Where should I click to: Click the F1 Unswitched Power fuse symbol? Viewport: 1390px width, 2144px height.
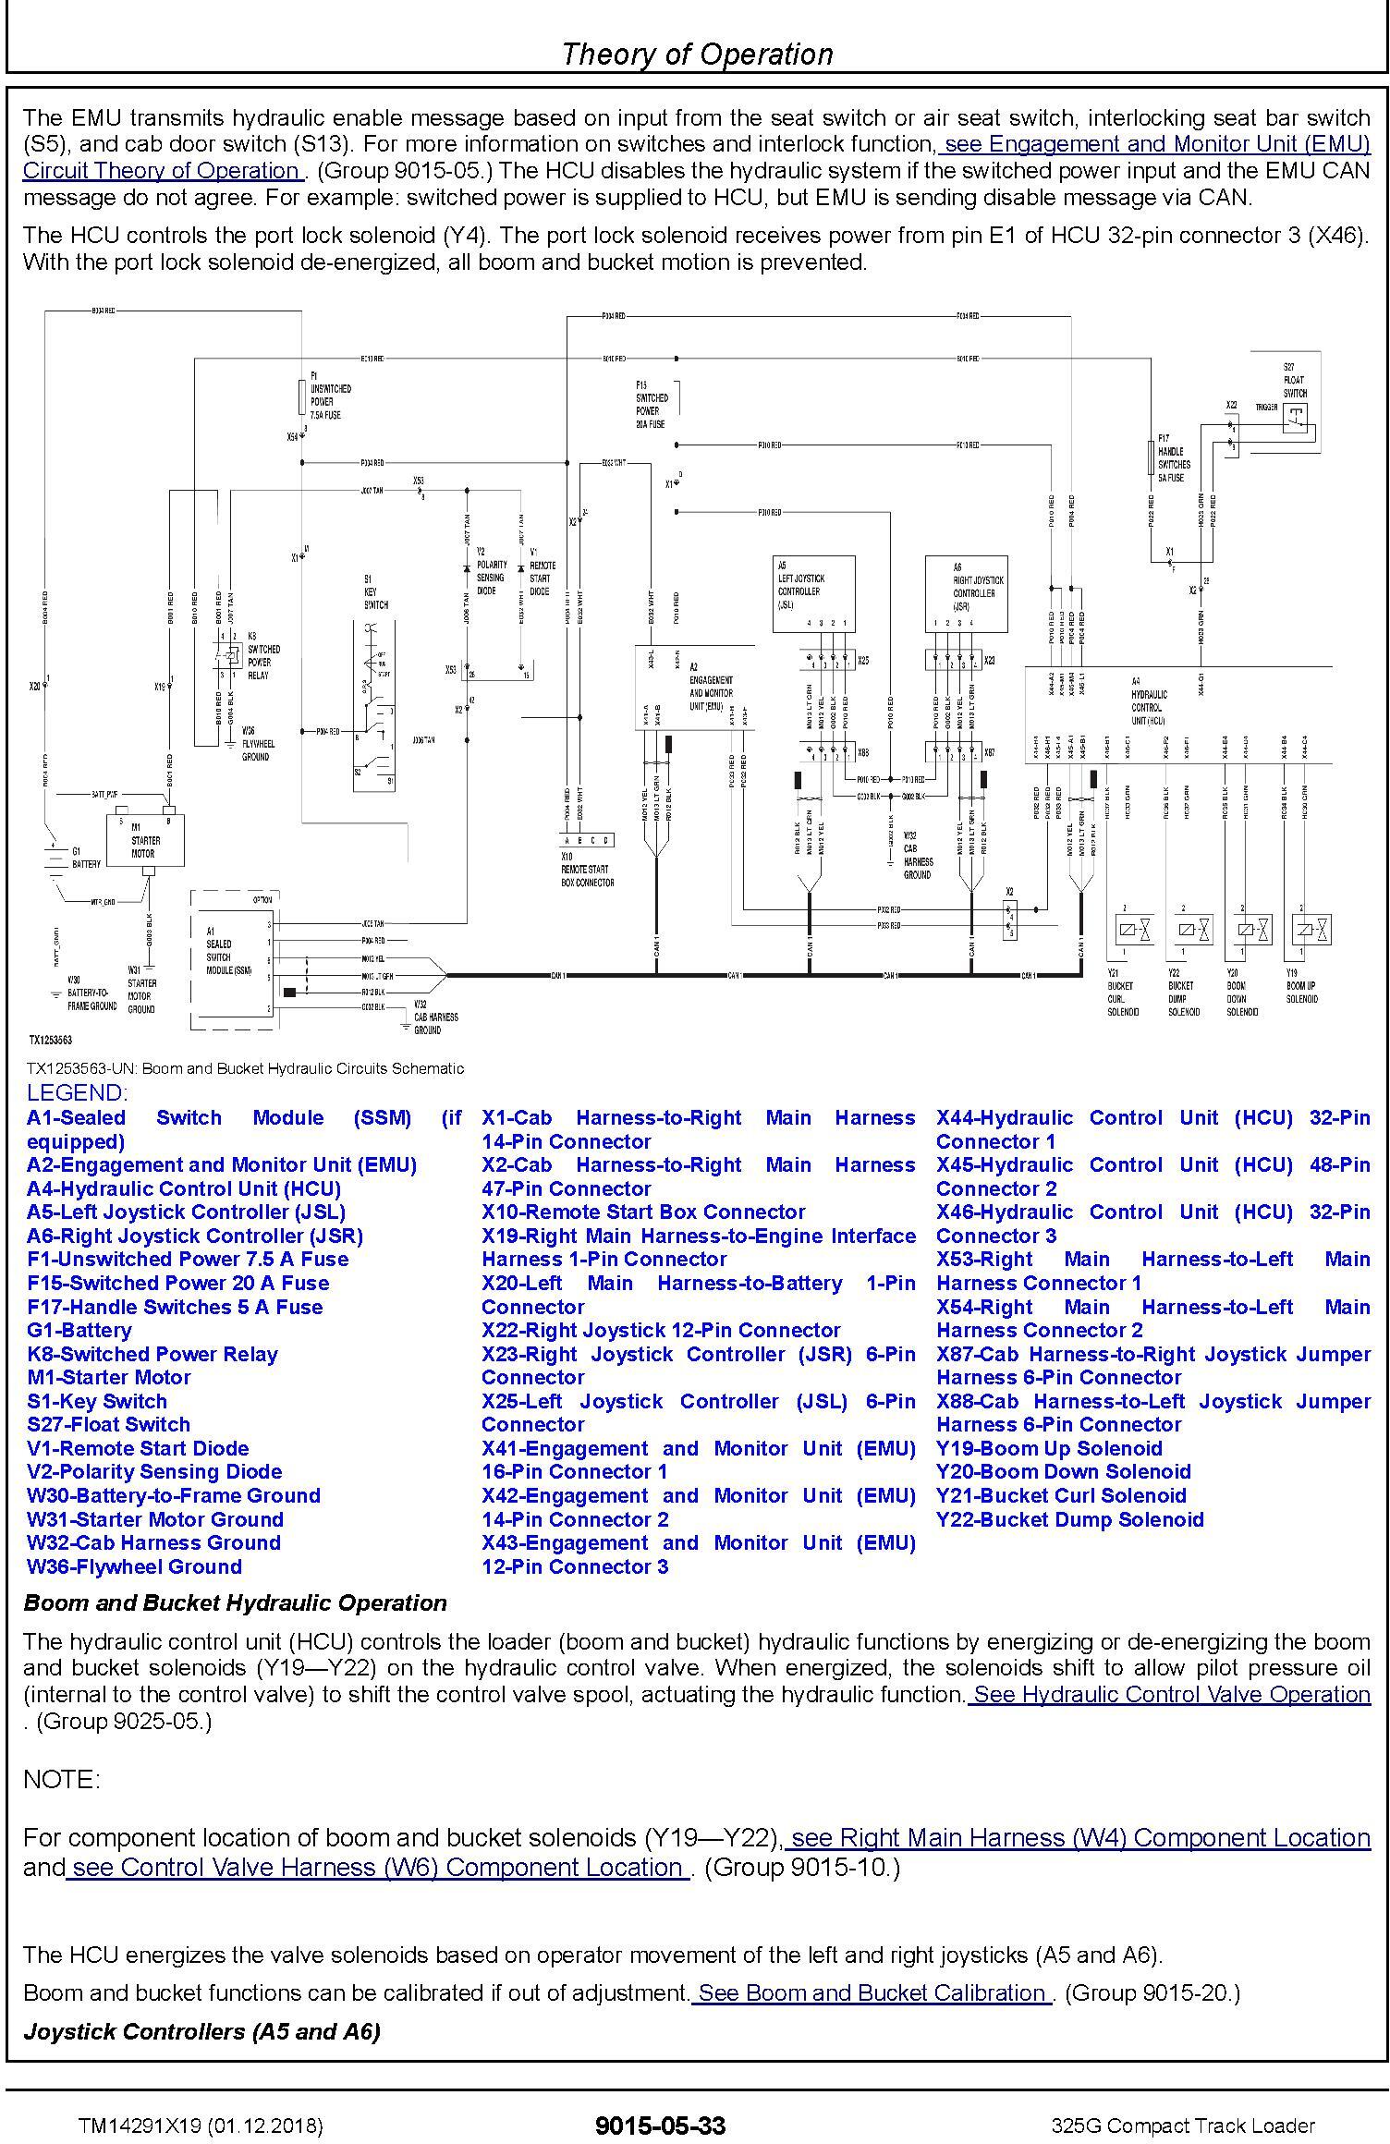pos(302,396)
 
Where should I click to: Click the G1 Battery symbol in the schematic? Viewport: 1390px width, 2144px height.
pos(55,858)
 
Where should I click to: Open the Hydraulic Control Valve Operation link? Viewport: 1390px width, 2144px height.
pos(1170,1694)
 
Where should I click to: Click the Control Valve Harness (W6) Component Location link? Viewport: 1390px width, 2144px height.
pos(377,1868)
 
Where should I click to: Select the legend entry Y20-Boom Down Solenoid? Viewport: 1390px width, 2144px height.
pos(1063,1471)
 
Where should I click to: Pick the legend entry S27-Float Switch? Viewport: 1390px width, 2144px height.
pos(108,1424)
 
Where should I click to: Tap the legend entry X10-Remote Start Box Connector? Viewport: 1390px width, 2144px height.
pos(643,1212)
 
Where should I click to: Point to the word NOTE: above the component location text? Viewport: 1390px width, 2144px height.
pos(61,1778)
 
